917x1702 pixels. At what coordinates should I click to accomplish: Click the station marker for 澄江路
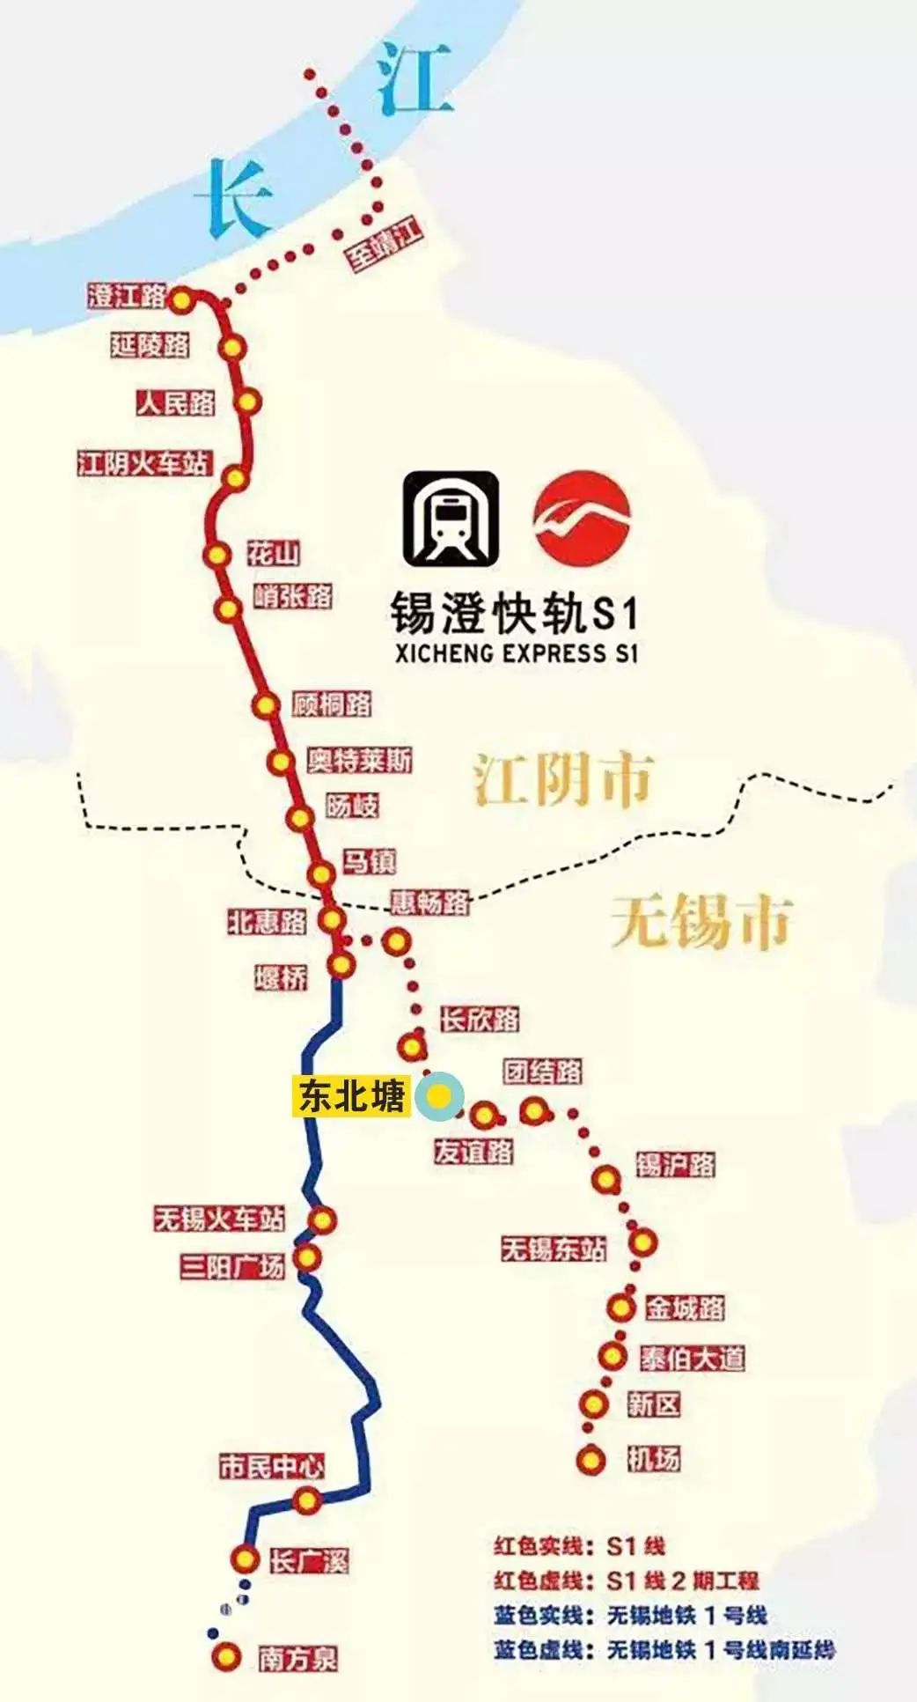coord(181,300)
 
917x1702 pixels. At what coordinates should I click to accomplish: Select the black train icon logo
coord(451,518)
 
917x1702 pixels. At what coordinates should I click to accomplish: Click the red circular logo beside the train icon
coord(583,518)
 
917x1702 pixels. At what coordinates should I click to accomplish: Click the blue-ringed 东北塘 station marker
coord(440,1096)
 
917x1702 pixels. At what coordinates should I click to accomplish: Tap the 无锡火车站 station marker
coord(323,1220)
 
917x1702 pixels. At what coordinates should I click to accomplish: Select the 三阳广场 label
coord(233,1266)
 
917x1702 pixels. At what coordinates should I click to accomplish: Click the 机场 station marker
coord(591,1460)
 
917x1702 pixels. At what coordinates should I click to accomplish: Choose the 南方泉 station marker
coord(226,1656)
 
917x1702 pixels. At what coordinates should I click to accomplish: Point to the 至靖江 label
coord(385,246)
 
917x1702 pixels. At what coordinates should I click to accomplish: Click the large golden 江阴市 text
coord(563,780)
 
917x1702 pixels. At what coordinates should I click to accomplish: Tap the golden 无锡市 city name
coord(701,922)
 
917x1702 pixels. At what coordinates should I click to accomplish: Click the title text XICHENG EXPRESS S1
coord(516,653)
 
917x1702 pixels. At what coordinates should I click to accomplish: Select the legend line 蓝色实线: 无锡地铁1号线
coord(630,1615)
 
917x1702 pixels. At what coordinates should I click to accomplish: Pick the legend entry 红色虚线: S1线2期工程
coord(626,1580)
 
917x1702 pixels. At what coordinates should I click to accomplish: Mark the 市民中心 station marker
coord(306,1499)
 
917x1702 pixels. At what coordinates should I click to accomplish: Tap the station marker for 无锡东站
coord(644,1242)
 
